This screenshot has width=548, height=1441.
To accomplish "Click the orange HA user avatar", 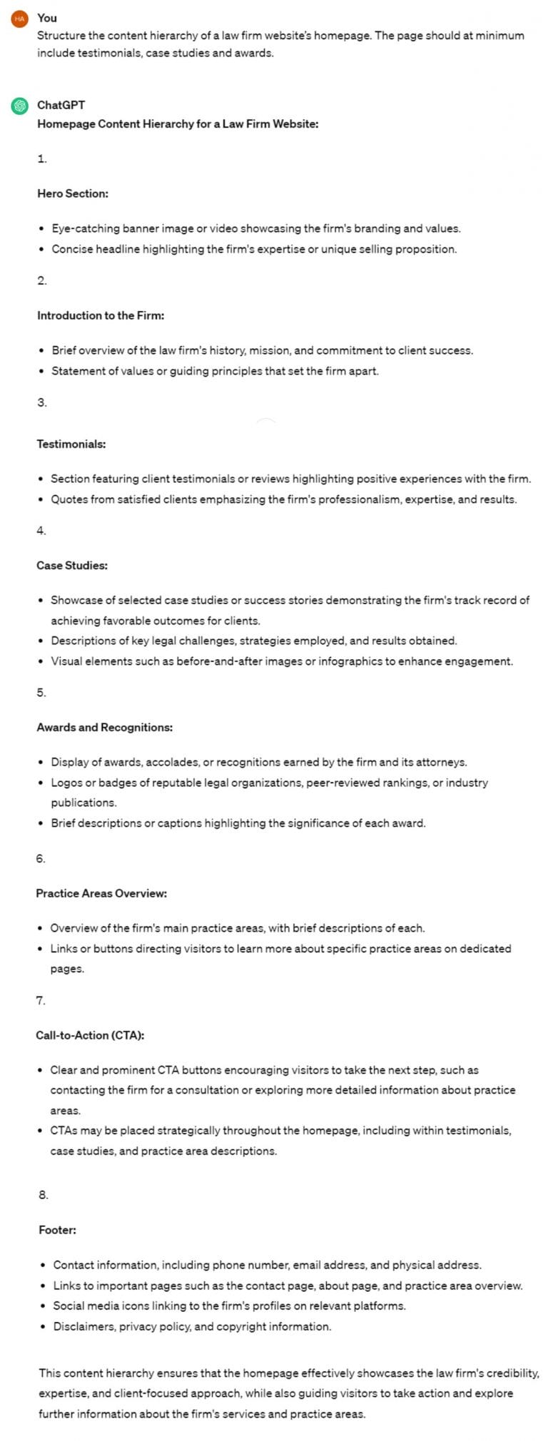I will tap(19, 19).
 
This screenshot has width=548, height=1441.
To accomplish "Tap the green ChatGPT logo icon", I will tap(19, 106).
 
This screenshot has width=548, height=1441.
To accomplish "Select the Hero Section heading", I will tap(73, 193).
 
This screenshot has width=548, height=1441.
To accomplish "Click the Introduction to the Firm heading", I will tap(101, 315).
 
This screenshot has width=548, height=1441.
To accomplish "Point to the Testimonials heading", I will tap(71, 444).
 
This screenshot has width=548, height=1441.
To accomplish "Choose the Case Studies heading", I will tap(72, 566).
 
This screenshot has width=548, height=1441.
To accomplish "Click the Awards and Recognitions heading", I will tap(105, 728).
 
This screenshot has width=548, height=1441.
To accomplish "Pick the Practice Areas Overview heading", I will tap(101, 893).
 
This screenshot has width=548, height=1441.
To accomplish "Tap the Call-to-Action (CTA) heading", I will tap(90, 1035).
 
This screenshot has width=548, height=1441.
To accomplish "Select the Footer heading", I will tap(57, 1230).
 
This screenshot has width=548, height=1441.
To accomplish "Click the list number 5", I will tap(41, 693).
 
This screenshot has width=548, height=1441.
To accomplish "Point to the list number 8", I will tap(43, 1195).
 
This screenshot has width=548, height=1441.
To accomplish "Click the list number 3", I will tap(41, 402).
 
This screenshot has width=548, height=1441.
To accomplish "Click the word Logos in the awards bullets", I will tap(66, 783).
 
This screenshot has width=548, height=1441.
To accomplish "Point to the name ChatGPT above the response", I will tap(61, 105).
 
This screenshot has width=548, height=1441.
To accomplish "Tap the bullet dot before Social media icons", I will tap(43, 1306).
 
